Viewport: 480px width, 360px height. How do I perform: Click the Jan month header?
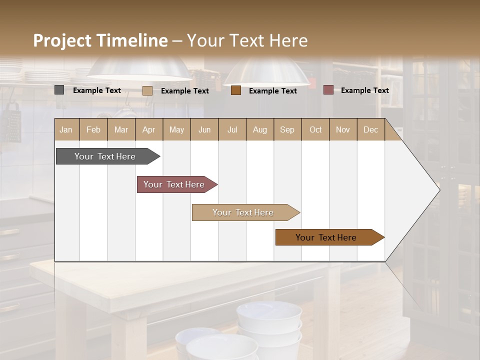66,129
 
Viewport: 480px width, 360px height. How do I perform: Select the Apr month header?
148,129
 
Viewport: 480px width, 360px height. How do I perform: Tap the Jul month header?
232,129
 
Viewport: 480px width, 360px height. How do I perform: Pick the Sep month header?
287,129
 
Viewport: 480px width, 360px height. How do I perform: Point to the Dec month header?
370,129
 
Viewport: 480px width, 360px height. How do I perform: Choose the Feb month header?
93,129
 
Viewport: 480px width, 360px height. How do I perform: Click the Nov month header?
342,129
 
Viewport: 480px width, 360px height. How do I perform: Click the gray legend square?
59,90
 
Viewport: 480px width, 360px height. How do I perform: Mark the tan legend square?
147,90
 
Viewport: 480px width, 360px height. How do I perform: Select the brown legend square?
236,90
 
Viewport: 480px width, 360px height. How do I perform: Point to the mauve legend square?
328,90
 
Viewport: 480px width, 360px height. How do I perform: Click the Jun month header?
204,129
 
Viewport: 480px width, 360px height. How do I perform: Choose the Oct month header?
315,129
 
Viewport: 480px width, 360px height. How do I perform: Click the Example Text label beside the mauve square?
364,90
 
